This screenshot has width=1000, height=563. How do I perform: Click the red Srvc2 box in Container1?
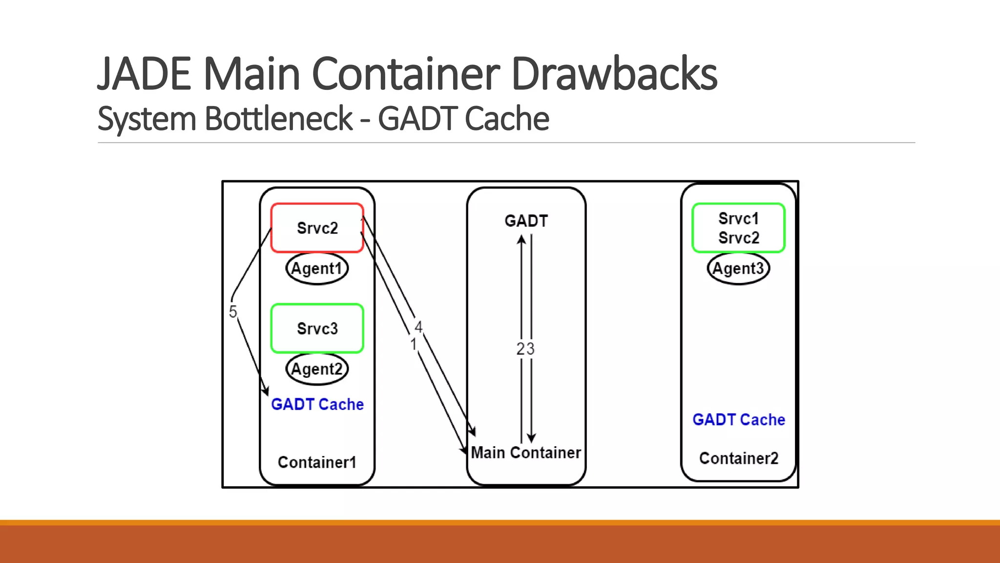tap(317, 228)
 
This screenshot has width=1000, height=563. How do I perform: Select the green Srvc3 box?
tap(317, 328)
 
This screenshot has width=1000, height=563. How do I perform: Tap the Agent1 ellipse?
tap(317, 268)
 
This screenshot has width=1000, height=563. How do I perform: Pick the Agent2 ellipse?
tap(317, 369)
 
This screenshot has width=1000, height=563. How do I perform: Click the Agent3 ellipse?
tap(738, 268)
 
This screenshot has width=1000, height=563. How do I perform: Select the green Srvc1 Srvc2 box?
tap(738, 228)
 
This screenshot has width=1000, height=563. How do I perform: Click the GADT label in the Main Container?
tap(526, 221)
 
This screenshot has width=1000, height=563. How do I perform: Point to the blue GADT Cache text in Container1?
tap(317, 404)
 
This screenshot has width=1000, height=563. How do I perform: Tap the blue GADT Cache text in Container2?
tap(738, 419)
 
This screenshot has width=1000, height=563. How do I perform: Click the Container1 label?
tap(317, 462)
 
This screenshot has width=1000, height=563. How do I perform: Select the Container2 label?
tap(738, 458)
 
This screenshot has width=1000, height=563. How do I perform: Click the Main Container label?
tap(526, 453)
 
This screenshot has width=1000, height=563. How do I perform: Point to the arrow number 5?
tap(233, 311)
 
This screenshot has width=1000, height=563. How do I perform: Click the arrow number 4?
tap(418, 326)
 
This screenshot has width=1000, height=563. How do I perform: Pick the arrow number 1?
tap(413, 344)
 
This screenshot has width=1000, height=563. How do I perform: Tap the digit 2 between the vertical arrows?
tap(521, 349)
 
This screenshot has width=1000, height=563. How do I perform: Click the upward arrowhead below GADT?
tap(521, 239)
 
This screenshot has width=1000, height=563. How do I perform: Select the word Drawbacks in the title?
tap(614, 74)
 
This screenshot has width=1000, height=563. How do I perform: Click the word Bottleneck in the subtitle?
tap(278, 119)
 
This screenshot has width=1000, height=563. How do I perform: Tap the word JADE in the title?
tap(145, 74)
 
